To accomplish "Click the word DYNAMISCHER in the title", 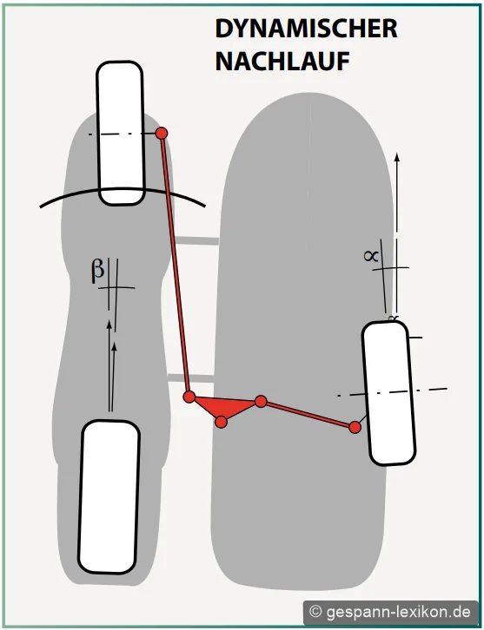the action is pos(306,29).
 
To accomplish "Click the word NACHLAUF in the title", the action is pos(282,62).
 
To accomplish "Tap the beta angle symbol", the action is pos(97,271).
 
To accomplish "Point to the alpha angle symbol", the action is pos(371,255).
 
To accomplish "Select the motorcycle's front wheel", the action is pos(120,133).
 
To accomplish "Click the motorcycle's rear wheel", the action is pos(109,497).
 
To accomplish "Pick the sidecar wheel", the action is pos(388,393).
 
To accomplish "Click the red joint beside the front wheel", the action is pos(162,133).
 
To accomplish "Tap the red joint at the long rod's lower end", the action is pos(189,397).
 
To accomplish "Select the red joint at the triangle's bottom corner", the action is pos(222,422).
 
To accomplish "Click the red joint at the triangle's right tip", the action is pos(261,401).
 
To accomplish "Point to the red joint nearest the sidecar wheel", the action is pos(355,427).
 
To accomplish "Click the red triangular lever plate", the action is pos(223,407).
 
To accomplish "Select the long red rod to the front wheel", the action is pos(176,265).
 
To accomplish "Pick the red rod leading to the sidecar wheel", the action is pos(308,414).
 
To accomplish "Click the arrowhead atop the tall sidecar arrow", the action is pos(397,157).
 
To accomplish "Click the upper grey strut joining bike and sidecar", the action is pos(196,240).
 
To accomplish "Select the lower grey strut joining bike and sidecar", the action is pos(190,377).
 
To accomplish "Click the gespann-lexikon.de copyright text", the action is pos(390,612).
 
